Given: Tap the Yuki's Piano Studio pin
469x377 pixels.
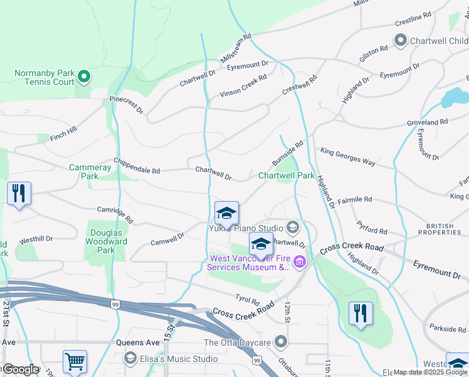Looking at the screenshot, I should pyautogui.click(x=292, y=227).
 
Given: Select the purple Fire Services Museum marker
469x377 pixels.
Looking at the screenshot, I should pyautogui.click(x=300, y=262).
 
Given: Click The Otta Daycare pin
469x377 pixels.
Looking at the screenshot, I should pyautogui.click(x=281, y=342).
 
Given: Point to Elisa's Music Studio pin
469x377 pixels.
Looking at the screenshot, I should pyautogui.click(x=130, y=359).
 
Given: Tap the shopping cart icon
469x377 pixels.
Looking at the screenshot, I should pyautogui.click(x=75, y=362).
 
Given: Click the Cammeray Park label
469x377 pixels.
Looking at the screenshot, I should pyautogui.click(x=90, y=172).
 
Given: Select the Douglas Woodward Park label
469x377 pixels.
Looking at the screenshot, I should pyautogui.click(x=106, y=241).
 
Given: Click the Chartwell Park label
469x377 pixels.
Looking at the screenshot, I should pyautogui.click(x=287, y=176).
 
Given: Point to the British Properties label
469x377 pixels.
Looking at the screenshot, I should pyautogui.click(x=444, y=229).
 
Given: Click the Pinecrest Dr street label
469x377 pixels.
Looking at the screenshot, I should pyautogui.click(x=127, y=104).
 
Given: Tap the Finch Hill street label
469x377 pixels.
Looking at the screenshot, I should pyautogui.click(x=63, y=133).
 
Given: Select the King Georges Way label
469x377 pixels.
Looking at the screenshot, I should pyautogui.click(x=348, y=157).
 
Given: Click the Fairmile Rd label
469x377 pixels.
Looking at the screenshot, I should pyautogui.click(x=355, y=200).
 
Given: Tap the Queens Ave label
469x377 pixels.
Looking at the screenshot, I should pyautogui.click(x=138, y=343).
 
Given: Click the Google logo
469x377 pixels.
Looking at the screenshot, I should pyautogui.click(x=21, y=369).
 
